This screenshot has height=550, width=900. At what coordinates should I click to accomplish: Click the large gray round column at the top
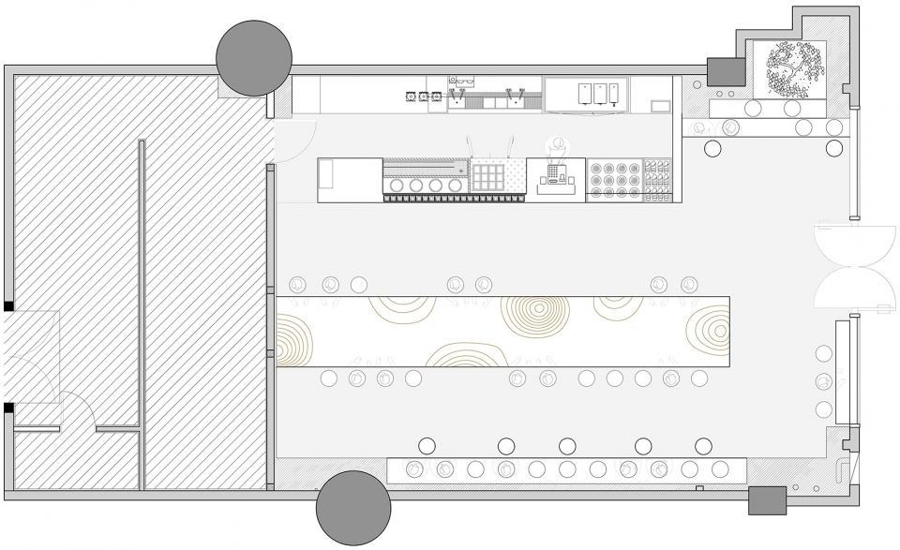coord(253,58)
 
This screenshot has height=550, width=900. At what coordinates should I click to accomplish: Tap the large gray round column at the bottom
coord(353,509)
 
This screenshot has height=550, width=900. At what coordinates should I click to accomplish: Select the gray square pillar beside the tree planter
coord(724,71)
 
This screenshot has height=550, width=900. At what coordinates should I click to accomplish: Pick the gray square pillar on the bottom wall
coord(767,500)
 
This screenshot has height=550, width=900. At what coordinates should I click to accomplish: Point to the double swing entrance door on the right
coord(852,265)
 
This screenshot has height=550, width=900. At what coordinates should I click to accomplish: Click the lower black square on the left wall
coord(8,408)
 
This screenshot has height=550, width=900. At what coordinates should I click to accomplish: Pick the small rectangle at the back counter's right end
coord(662,107)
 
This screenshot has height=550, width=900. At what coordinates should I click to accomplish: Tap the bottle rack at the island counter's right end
coord(658,180)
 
